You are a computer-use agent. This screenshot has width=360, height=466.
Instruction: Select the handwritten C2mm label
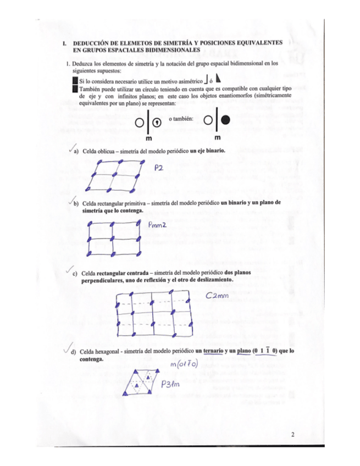[x=216, y=296]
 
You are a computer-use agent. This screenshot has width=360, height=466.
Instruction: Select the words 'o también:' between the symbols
[x=182, y=119]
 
